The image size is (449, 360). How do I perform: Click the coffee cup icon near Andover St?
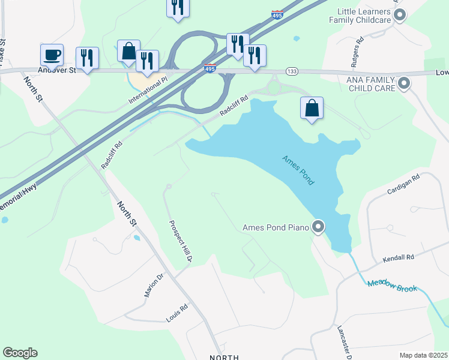point(52,55)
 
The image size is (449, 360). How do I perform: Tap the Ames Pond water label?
point(299,170)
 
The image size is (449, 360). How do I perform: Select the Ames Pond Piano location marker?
point(319,227)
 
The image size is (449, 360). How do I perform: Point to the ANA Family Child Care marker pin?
point(404,83)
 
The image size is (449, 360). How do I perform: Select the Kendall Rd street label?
point(399,258)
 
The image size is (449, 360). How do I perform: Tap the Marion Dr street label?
point(153,286)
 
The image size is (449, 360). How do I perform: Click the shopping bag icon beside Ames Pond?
point(312,109)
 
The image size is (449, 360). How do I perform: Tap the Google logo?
point(20,353)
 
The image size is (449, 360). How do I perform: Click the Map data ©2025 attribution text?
point(423,355)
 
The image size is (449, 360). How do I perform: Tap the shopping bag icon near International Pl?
point(128,52)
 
